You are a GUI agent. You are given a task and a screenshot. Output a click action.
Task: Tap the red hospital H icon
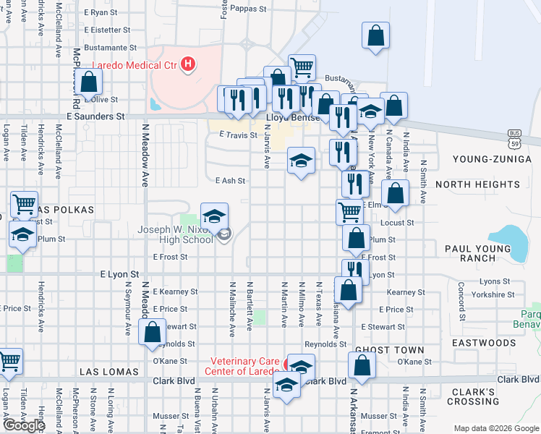tap(188, 65)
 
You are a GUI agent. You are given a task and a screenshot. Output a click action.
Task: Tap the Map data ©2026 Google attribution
tap(496, 428)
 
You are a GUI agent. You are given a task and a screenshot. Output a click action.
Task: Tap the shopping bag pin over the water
tap(375, 36)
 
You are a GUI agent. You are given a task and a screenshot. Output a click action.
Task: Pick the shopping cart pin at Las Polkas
tap(24, 205)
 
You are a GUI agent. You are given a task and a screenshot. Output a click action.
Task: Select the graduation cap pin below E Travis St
tap(301, 161)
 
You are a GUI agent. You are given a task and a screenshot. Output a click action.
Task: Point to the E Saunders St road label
tap(95, 116)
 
